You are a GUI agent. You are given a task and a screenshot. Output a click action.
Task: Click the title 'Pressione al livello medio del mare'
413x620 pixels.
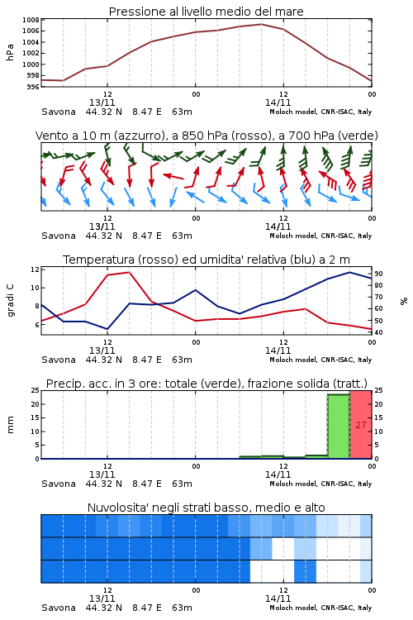pos(206,12)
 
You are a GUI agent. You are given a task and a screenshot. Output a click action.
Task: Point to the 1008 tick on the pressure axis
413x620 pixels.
pos(31,20)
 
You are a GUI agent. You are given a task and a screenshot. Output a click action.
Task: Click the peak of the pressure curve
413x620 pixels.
pos(261,24)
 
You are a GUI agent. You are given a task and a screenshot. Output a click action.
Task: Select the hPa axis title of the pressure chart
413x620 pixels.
pos(10,52)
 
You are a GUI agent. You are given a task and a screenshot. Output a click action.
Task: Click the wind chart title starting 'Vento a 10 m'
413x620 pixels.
pos(206,136)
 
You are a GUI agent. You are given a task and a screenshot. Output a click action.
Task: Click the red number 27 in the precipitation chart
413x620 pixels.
pos(361,425)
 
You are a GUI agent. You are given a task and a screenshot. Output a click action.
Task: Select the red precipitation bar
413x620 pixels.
pos(361,425)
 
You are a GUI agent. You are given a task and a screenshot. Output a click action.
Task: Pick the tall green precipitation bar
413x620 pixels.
pos(339,427)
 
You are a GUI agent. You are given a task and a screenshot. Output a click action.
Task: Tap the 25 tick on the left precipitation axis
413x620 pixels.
pos(36,390)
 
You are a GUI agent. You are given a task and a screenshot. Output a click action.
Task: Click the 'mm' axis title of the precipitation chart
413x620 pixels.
pos(11,425)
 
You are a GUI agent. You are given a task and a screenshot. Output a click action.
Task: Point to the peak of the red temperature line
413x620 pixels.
pos(129,272)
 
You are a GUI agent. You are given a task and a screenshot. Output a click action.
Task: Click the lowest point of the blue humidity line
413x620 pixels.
pos(107,329)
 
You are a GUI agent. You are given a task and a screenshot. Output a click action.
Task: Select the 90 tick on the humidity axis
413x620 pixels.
pos(378,274)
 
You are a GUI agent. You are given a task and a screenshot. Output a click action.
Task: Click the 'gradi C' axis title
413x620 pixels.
pos(11,301)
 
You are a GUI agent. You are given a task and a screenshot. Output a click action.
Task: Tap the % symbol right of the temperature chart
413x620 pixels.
pos(404,301)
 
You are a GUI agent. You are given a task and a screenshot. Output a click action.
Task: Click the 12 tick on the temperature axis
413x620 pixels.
pos(35,269)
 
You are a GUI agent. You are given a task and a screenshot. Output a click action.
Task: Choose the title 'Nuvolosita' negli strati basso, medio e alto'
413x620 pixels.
pos(206,508)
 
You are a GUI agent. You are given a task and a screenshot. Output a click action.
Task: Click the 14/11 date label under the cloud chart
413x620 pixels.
pos(278,599)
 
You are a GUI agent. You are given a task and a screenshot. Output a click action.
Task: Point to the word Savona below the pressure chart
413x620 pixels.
pos(59,112)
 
